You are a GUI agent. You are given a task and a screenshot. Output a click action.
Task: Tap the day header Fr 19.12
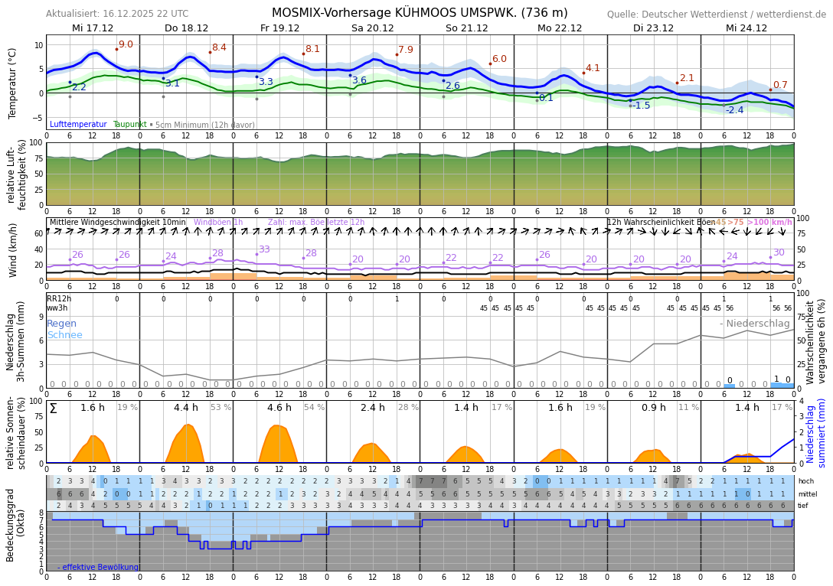tap(279, 28)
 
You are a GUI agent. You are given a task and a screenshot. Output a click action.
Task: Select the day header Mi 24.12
tap(746, 28)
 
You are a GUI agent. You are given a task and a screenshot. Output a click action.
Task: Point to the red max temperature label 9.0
tap(126, 44)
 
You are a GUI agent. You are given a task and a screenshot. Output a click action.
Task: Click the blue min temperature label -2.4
tap(734, 110)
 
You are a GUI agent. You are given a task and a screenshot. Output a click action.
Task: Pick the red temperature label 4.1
tap(593, 68)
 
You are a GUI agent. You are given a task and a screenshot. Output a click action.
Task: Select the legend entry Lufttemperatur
tap(78, 124)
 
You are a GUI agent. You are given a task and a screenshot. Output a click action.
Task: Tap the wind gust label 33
tap(264, 249)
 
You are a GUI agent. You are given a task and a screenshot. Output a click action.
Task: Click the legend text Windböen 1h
tap(218, 223)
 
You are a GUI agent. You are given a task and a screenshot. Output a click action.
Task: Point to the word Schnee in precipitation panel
tap(64, 335)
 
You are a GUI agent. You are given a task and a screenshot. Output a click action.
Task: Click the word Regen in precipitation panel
tap(62, 324)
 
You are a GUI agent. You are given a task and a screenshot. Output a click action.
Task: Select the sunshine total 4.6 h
tap(279, 408)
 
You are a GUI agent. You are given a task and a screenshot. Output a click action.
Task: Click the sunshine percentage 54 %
tap(314, 408)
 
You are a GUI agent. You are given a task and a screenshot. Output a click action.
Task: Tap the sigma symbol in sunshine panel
tap(53, 409)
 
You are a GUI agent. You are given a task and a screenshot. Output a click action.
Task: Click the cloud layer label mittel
tap(806, 494)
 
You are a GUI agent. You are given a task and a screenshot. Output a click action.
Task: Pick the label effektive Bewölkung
tap(100, 567)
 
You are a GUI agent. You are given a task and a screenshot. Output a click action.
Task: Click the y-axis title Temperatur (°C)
tap(12, 83)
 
